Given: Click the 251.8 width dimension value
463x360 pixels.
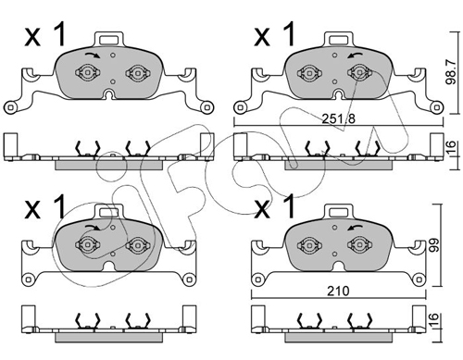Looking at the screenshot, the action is click(339, 118).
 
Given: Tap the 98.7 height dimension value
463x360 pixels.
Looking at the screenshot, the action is click(451, 72).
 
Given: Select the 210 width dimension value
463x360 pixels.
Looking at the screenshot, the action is click(338, 291).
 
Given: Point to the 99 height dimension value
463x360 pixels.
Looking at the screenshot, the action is click(434, 244).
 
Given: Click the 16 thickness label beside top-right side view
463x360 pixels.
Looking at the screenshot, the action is click(451, 147).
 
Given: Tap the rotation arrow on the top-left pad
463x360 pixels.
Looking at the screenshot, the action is click(93, 56).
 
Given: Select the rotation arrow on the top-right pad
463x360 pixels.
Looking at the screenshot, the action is click(355, 56).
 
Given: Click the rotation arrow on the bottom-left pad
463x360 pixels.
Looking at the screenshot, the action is click(93, 228).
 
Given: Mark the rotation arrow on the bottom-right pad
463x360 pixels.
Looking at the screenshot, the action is click(355, 228).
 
